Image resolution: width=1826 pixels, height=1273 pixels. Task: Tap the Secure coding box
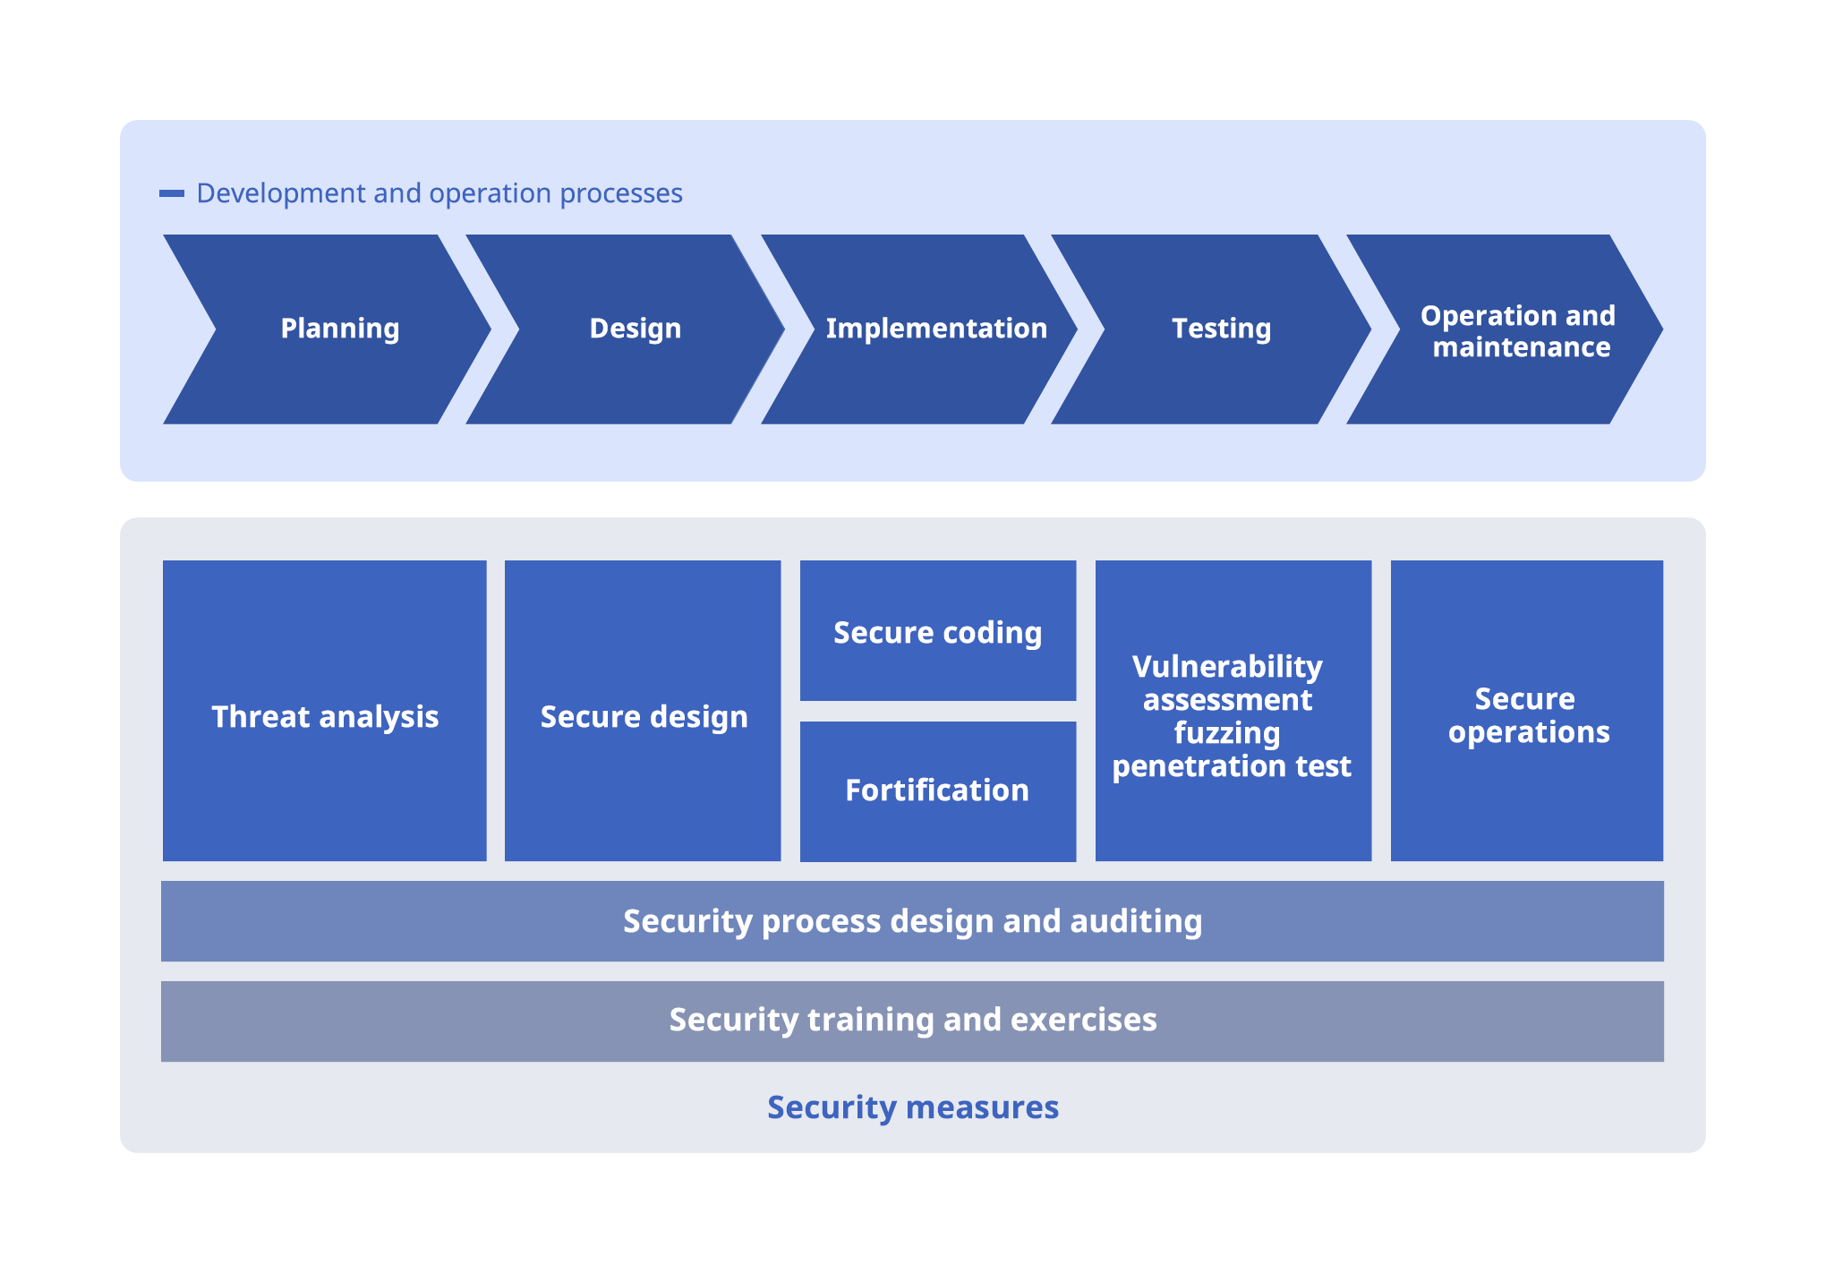click(x=937, y=631)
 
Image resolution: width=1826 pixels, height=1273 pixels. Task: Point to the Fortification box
click(x=937, y=791)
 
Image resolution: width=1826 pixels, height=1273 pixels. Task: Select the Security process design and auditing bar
click(x=912, y=921)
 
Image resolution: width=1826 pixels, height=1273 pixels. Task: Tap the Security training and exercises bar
click(x=912, y=1021)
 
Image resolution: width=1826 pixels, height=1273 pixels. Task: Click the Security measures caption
click(x=912, y=1107)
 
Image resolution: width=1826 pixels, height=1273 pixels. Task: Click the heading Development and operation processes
click(x=439, y=193)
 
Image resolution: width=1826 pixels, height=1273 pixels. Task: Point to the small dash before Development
click(x=172, y=193)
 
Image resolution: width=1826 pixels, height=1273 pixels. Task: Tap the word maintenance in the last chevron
click(x=1521, y=347)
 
